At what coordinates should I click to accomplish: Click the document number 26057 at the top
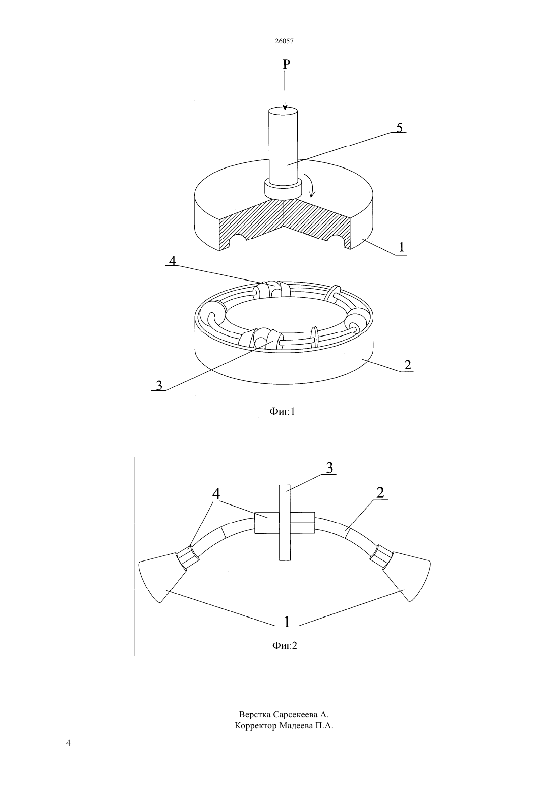point(284,41)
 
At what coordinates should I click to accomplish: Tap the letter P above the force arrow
point(286,64)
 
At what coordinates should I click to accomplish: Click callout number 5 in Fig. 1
point(400,128)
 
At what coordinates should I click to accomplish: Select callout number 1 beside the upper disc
point(402,247)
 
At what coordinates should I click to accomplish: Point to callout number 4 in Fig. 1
point(173,260)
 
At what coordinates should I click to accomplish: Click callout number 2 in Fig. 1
point(408,365)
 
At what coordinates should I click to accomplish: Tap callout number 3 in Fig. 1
point(159,385)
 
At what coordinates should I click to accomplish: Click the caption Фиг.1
point(282,412)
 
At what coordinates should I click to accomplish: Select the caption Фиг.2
point(284,645)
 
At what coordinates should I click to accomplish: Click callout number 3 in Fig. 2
point(329,468)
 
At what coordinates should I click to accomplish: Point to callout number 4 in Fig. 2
point(216,494)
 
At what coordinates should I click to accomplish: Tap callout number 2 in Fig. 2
point(380,493)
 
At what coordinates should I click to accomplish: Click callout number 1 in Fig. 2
point(287,622)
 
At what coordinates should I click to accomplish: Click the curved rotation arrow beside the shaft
point(310,185)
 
